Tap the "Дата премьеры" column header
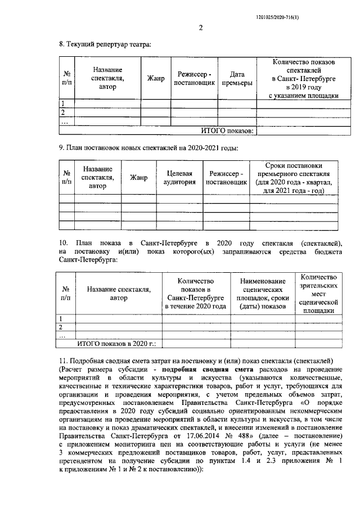237,78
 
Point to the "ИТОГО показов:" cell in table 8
228,130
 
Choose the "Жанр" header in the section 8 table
156,78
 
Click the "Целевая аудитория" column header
178,178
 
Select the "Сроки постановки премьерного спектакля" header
296,178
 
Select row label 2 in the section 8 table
63,112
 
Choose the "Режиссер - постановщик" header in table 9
225,178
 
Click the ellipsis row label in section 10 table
63,335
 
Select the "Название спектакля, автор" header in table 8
107,78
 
